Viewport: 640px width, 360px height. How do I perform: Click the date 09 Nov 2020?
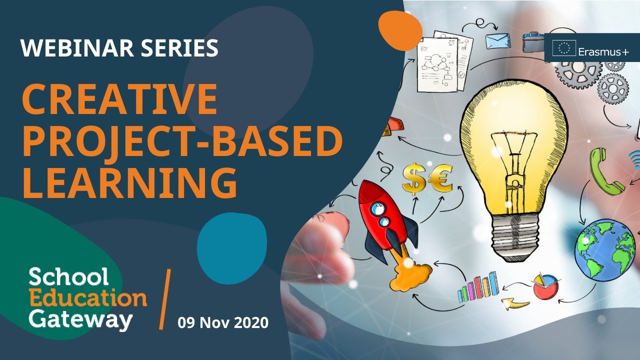(x=223, y=322)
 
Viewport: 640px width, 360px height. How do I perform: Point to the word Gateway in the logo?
(x=80, y=318)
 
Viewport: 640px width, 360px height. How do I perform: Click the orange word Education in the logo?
(x=87, y=298)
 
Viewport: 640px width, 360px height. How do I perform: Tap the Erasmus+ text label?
(x=603, y=50)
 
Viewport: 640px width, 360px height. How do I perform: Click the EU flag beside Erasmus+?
(x=563, y=48)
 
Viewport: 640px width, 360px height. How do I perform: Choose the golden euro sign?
(x=439, y=179)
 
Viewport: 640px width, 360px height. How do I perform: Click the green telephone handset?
(x=605, y=170)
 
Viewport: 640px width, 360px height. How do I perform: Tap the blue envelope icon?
(x=497, y=40)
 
